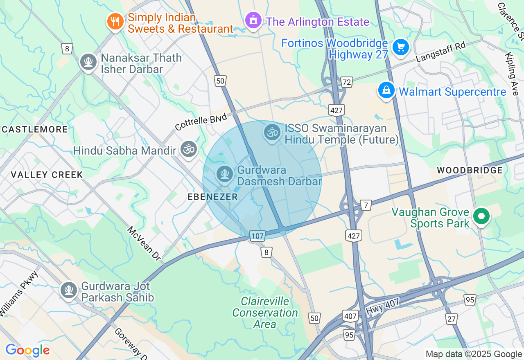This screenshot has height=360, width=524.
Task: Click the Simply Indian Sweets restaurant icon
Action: pyautogui.click(x=115, y=22)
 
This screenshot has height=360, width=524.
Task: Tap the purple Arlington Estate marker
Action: pyautogui.click(x=253, y=20)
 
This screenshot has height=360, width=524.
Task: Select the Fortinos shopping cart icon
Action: pyautogui.click(x=400, y=48)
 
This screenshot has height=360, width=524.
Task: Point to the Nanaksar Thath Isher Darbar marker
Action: pyautogui.click(x=88, y=62)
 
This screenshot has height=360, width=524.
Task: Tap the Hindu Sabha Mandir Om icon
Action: pyautogui.click(x=188, y=150)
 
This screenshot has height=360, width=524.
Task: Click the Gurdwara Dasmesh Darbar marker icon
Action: pyautogui.click(x=225, y=174)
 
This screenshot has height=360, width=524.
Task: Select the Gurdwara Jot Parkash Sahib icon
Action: pyautogui.click(x=68, y=290)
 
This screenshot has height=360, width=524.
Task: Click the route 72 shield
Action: pyautogui.click(x=347, y=82)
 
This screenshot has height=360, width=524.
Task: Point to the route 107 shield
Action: pyautogui.click(x=257, y=236)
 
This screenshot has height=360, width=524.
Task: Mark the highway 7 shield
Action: pyautogui.click(x=366, y=205)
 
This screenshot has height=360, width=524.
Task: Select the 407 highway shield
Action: pyautogui.click(x=350, y=316)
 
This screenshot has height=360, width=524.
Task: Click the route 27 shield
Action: pyautogui.click(x=452, y=319)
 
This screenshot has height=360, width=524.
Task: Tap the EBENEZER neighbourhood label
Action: pyautogui.click(x=212, y=197)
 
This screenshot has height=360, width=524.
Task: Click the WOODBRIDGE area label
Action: pyautogui.click(x=470, y=170)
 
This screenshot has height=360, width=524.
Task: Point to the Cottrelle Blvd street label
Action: pyautogui.click(x=201, y=122)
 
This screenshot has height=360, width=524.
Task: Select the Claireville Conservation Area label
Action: pyautogui.click(x=265, y=313)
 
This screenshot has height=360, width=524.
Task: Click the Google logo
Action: pyautogui.click(x=27, y=351)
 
